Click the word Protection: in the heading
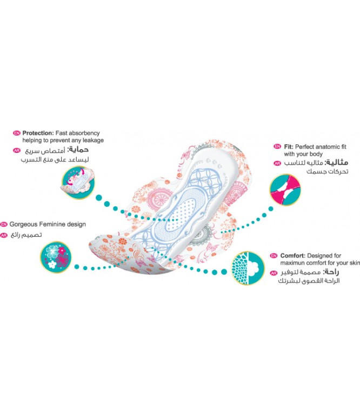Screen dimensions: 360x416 click(38, 133)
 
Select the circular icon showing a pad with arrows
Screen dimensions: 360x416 click(78, 183)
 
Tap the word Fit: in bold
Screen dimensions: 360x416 click(289, 147)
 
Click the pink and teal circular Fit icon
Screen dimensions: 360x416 click(285, 190)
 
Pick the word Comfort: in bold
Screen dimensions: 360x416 click(293, 256)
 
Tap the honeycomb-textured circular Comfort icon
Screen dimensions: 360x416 click(248, 268)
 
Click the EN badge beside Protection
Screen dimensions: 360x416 click(17, 133)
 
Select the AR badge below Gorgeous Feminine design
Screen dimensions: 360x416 click(4, 236)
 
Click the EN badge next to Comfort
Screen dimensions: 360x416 click(274, 256)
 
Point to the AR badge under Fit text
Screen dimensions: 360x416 click(277, 163)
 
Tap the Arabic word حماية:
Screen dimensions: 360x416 click(78, 150)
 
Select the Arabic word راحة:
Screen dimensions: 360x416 click(331, 272)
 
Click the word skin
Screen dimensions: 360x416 click(355, 263)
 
